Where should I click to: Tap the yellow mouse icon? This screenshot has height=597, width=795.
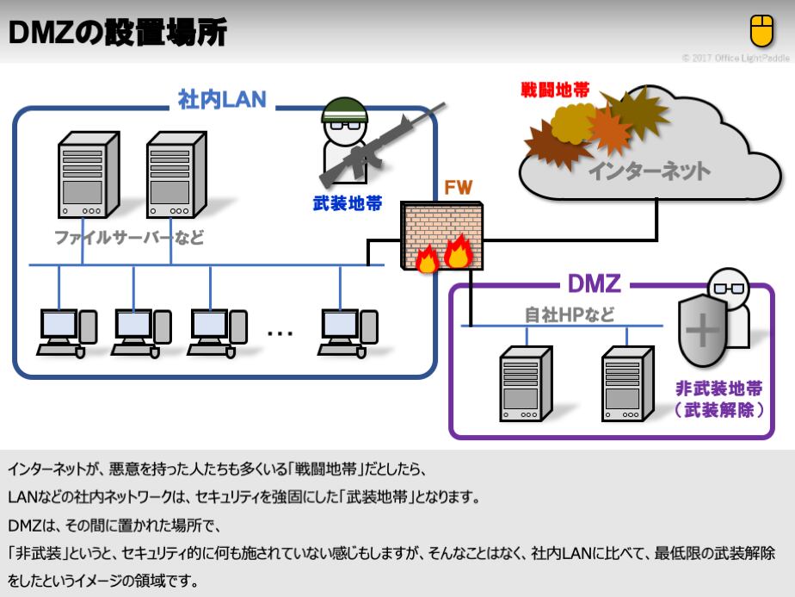pyautogui.click(x=761, y=31)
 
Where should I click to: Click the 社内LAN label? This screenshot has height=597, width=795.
pyautogui.click(x=222, y=100)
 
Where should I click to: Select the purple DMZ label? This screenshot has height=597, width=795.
pyautogui.click(x=594, y=283)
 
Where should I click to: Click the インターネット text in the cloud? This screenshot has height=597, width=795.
pyautogui.click(x=649, y=171)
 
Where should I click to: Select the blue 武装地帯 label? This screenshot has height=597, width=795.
pyautogui.click(x=348, y=206)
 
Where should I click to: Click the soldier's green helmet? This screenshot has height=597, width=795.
pyautogui.click(x=344, y=111)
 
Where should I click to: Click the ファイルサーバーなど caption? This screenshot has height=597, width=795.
pyautogui.click(x=129, y=238)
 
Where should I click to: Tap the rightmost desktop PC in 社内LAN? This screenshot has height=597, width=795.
pyautogui.click(x=348, y=331)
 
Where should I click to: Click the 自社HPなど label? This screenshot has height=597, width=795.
pyautogui.click(x=570, y=314)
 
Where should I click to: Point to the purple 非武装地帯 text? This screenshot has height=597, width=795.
pyautogui.click(x=718, y=389)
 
